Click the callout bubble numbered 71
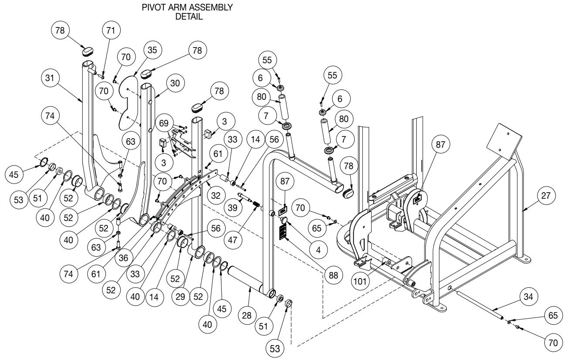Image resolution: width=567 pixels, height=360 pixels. tap(109, 32)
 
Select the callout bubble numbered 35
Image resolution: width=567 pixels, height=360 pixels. tap(152, 50)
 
